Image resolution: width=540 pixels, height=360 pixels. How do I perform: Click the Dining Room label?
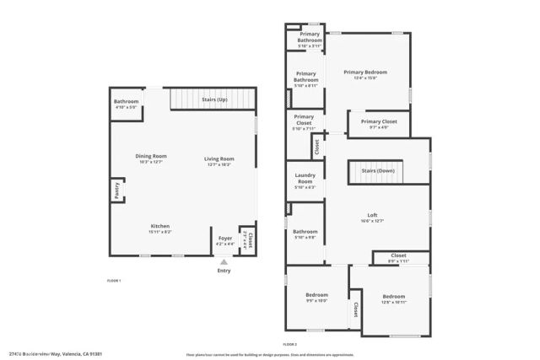point(152,157)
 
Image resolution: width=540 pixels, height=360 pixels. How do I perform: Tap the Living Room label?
point(219,160)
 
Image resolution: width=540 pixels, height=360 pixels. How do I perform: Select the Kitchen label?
point(160,228)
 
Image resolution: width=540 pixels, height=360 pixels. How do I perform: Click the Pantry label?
point(115,191)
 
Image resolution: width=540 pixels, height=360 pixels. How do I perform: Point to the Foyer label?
point(225,240)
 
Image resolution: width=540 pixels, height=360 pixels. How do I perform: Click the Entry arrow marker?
point(224,261)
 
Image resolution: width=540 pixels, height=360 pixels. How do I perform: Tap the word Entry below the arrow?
point(224,271)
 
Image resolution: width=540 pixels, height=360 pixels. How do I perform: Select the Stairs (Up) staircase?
point(213,100)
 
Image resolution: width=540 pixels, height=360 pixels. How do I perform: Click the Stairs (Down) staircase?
point(378,171)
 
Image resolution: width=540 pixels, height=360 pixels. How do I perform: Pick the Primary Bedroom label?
point(364,74)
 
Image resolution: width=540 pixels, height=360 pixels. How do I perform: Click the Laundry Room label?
point(305,180)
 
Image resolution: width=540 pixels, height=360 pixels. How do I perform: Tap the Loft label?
point(371,217)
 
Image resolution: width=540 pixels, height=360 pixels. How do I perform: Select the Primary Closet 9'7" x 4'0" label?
point(379,124)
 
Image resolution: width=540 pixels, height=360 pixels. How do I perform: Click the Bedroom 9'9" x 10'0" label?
point(316,297)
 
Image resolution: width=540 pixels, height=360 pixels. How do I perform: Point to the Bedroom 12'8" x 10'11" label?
point(393,298)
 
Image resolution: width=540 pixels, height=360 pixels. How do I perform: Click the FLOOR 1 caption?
point(114,280)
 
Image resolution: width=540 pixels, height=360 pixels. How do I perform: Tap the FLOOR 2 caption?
point(290,345)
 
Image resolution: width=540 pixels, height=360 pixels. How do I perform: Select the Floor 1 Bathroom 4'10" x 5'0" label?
point(126,104)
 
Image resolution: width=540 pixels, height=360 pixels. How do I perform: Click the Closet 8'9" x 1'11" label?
point(398,257)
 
